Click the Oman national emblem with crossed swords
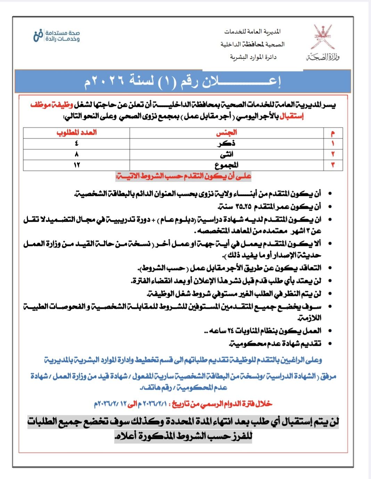click(x=323, y=37)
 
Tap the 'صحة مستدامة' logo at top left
click(x=57, y=36)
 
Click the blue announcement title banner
click(x=182, y=81)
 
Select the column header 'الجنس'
click(x=226, y=132)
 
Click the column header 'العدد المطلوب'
click(x=76, y=132)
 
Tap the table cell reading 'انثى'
click(x=226, y=154)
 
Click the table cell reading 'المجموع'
click(x=226, y=165)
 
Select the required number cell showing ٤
click(x=76, y=143)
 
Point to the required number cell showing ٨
click(x=76, y=154)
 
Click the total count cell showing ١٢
click(x=76, y=165)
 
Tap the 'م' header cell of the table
click(x=333, y=133)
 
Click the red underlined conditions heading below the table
click(x=183, y=177)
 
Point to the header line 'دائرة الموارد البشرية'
click(x=253, y=57)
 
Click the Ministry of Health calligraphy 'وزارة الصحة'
click(x=323, y=57)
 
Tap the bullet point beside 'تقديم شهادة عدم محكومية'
click(x=330, y=344)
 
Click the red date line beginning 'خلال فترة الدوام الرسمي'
click(x=183, y=404)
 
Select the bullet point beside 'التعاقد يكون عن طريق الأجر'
click(x=330, y=268)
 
